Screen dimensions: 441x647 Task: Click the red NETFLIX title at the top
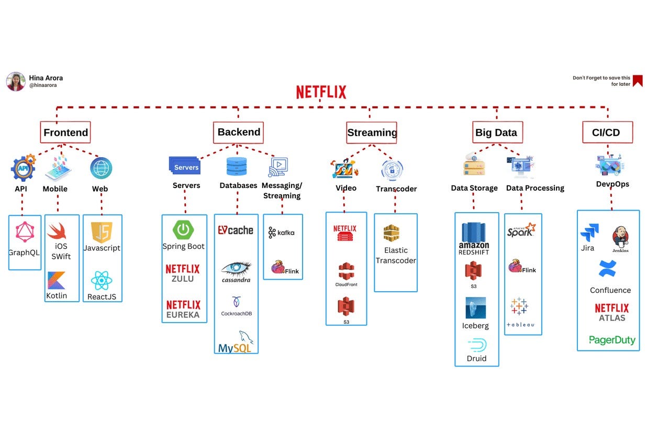pyautogui.click(x=321, y=93)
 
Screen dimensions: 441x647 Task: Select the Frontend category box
pyautogui.click(x=65, y=133)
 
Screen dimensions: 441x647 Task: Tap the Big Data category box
pyautogui.click(x=496, y=133)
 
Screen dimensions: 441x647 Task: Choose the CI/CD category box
pyautogui.click(x=607, y=133)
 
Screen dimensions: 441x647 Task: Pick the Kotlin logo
pyautogui.click(x=56, y=281)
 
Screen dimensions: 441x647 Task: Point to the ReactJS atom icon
pyautogui.click(x=102, y=281)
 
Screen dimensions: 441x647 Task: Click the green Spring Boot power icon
pyautogui.click(x=183, y=229)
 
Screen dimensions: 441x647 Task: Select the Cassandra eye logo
pyautogui.click(x=236, y=269)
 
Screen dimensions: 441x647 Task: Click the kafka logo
pyautogui.click(x=282, y=233)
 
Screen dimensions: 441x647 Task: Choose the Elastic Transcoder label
pyautogui.click(x=396, y=256)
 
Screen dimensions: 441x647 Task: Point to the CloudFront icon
pyautogui.click(x=346, y=272)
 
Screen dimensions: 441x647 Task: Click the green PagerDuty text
pyautogui.click(x=612, y=340)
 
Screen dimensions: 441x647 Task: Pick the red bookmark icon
pyautogui.click(x=638, y=81)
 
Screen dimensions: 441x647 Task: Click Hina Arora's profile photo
pyautogui.click(x=16, y=81)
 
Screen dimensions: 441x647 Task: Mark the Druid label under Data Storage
pyautogui.click(x=476, y=359)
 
